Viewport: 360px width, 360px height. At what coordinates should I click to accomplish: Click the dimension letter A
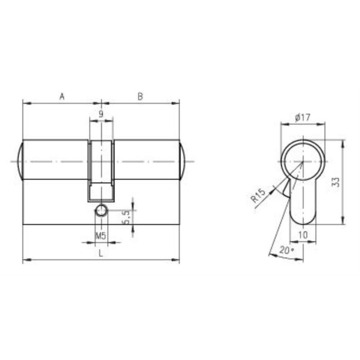[x=62, y=97]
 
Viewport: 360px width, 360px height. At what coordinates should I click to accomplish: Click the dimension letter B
[x=140, y=96]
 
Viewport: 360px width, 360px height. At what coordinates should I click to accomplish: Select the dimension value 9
[x=101, y=114]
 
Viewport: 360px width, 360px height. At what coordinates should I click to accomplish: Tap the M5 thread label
[x=100, y=235]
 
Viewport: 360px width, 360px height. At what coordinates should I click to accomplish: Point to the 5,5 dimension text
[x=126, y=217]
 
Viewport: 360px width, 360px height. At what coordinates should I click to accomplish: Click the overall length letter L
[x=100, y=253]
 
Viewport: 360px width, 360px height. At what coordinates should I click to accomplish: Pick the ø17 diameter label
[x=302, y=117]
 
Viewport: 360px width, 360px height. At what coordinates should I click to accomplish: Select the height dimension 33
[x=336, y=182]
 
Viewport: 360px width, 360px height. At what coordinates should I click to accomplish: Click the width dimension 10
[x=303, y=234]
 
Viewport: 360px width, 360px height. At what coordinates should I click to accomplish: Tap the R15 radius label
[x=259, y=195]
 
